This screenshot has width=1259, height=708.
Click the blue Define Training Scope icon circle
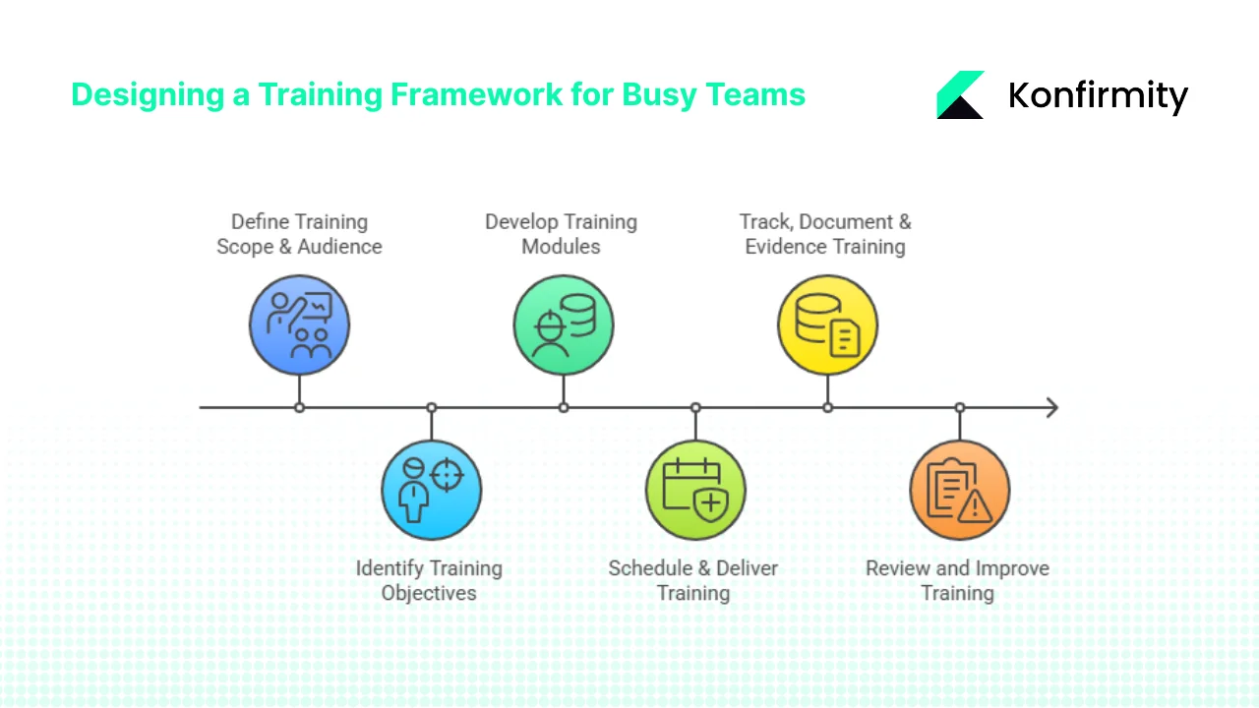[299, 324]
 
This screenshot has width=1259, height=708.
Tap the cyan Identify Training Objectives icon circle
[431, 490]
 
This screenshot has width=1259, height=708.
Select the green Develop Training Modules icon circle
[563, 324]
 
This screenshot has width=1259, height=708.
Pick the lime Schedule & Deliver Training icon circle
[695, 490]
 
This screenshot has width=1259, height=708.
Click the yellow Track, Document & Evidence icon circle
[827, 324]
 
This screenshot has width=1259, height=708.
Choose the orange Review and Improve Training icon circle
[959, 490]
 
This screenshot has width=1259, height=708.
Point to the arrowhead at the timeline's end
[1051, 407]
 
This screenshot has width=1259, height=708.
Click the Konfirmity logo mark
[960, 95]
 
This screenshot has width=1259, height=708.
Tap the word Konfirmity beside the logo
[1098, 95]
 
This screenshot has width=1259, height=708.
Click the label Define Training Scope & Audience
[299, 234]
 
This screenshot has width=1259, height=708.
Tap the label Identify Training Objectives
[429, 580]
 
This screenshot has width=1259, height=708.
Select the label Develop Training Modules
[561, 234]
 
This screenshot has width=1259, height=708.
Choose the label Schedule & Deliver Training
[693, 580]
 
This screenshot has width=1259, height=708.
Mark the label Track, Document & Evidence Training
[825, 234]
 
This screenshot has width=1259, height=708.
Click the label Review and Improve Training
[957, 580]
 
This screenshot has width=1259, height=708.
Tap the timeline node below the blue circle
[299, 407]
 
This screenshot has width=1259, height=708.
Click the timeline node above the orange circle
[959, 407]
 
